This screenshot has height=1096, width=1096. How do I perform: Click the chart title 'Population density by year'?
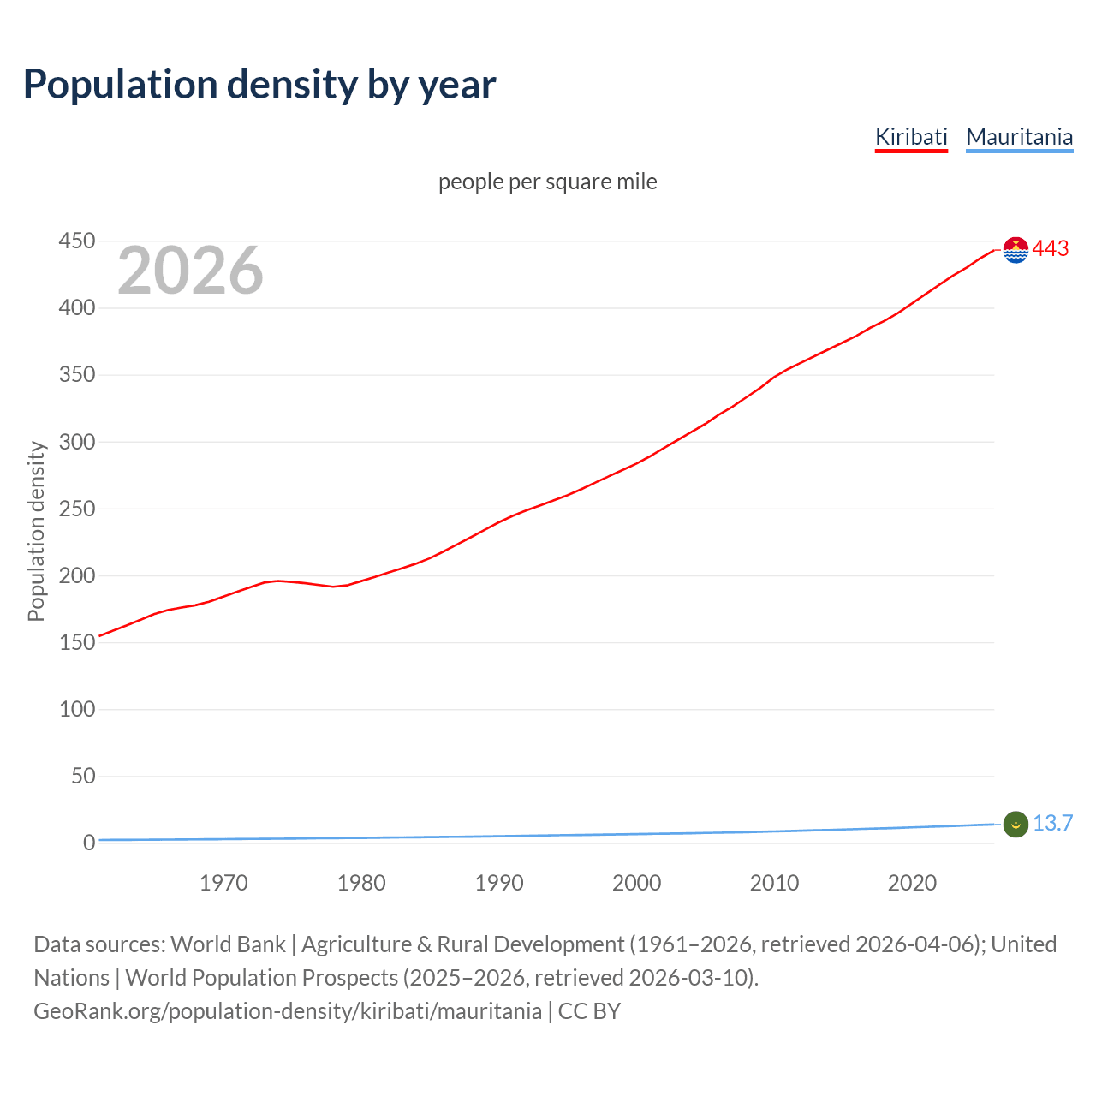click(259, 85)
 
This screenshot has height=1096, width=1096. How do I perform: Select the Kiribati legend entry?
click(911, 137)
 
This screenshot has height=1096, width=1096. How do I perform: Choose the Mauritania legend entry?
click(1019, 137)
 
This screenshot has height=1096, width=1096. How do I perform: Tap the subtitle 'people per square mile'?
click(547, 182)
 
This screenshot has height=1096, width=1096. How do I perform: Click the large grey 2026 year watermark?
click(190, 271)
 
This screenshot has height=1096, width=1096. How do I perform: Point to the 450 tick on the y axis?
click(76, 241)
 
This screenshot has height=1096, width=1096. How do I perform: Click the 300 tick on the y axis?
click(76, 442)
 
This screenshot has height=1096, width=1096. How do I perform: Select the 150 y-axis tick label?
click(76, 642)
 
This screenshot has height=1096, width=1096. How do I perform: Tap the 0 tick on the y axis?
click(89, 843)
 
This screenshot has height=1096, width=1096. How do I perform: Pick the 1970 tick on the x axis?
click(223, 883)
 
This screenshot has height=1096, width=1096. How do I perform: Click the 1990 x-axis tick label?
click(499, 883)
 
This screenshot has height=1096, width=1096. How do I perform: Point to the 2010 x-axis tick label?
click(774, 883)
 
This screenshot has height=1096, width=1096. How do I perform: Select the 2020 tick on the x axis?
click(912, 883)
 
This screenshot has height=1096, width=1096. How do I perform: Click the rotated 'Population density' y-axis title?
click(36, 531)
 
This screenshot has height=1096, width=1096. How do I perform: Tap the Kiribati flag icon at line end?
click(1016, 250)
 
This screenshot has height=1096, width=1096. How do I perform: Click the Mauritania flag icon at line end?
click(1016, 824)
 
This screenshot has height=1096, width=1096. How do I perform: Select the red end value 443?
click(1051, 249)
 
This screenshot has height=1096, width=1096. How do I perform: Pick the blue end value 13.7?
click(1052, 824)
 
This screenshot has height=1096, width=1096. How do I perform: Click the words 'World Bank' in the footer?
click(228, 944)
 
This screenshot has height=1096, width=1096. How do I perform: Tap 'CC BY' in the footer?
click(589, 1011)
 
